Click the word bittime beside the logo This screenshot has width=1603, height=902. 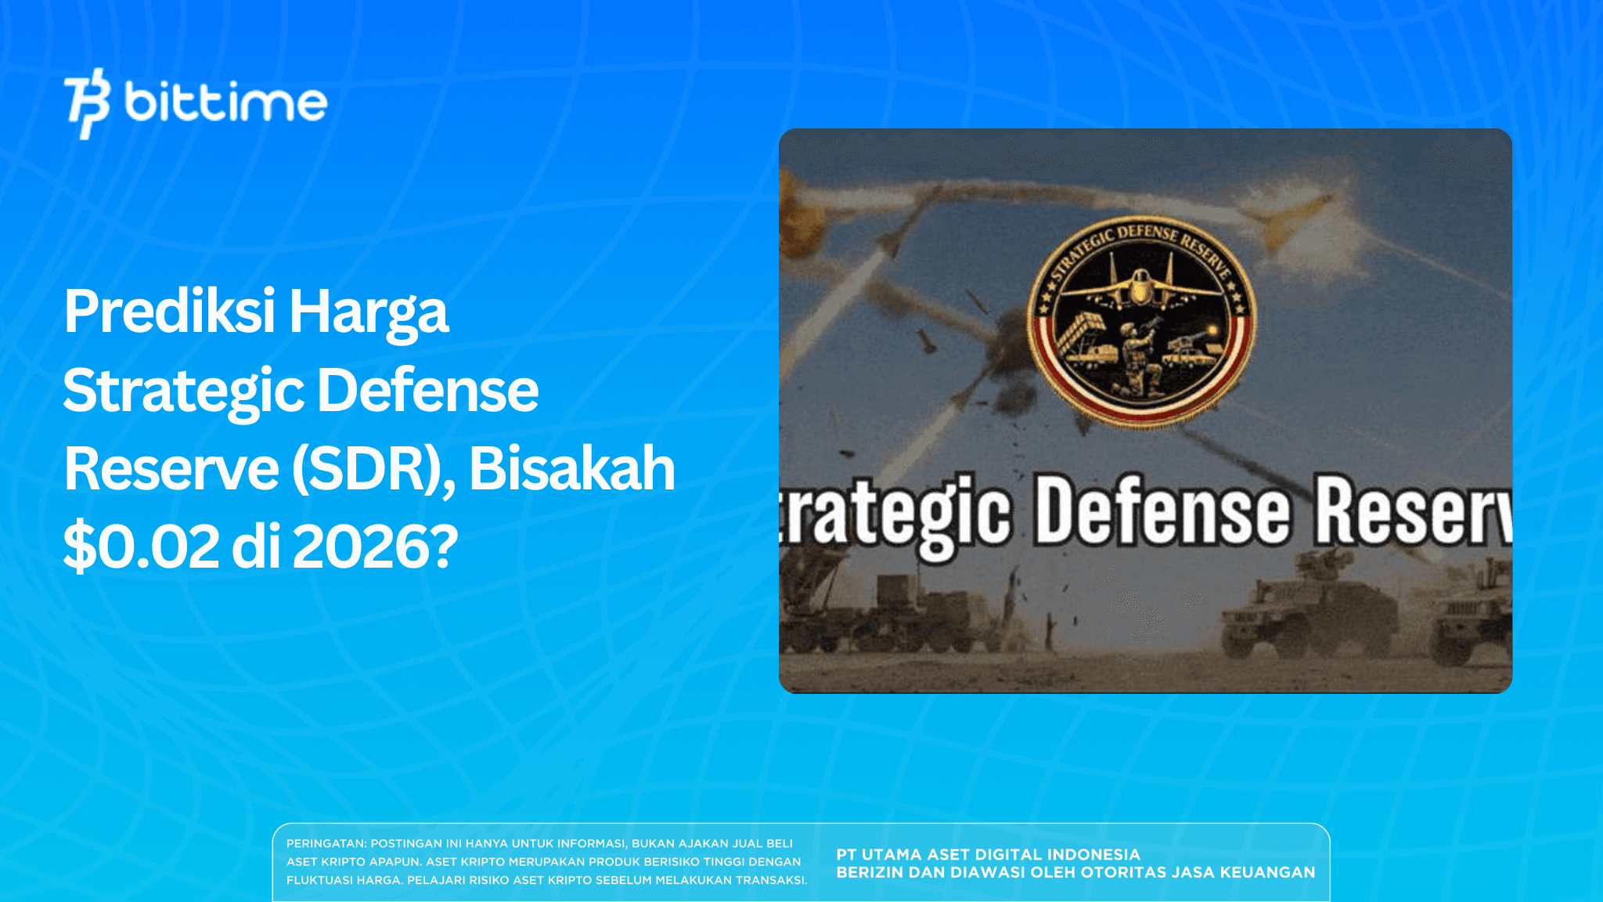[225, 103]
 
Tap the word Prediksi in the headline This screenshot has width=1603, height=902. [170, 312]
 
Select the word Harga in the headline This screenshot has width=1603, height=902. [369, 312]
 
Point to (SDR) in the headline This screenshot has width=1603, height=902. [373, 468]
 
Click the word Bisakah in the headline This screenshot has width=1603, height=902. [571, 468]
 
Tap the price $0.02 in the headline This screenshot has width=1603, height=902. [142, 547]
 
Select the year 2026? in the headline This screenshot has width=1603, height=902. [375, 547]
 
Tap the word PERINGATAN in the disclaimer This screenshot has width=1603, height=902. [325, 843]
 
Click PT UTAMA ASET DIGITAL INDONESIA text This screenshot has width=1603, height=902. [988, 854]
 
